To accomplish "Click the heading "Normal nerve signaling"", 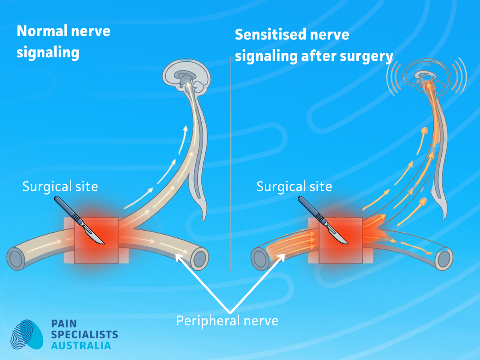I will click(63, 42).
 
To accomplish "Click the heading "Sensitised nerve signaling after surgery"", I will click(314, 45).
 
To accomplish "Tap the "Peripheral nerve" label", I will click(227, 320).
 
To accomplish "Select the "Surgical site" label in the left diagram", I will click(60, 186).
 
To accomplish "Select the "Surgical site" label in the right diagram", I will click(294, 186).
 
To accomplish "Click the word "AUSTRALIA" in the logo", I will click(81, 345).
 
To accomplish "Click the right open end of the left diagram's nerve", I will click(201, 257).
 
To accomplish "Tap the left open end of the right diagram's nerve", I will click(260, 258).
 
